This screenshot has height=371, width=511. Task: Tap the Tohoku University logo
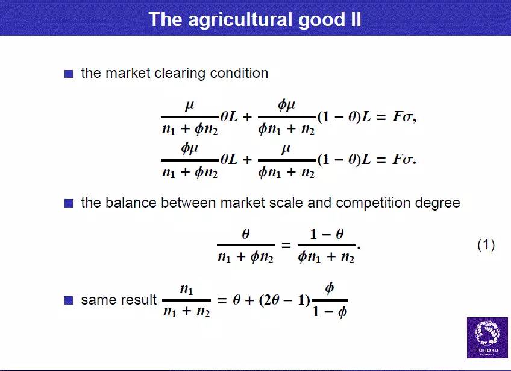(x=487, y=338)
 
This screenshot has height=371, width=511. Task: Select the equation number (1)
(x=486, y=245)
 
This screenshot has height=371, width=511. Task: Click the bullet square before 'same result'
(x=69, y=300)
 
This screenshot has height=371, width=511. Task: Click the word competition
(x=373, y=203)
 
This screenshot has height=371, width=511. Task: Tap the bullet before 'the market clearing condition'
(x=69, y=74)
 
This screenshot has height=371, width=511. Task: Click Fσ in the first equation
(x=403, y=116)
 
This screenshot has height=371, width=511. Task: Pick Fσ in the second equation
(x=403, y=159)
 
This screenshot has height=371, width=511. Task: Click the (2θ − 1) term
(x=284, y=300)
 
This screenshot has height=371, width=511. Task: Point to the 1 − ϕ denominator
(x=330, y=312)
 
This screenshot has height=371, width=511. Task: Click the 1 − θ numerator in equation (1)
(x=327, y=234)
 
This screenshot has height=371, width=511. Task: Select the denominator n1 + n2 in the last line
(x=186, y=311)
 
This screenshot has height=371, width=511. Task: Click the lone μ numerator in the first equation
(x=190, y=106)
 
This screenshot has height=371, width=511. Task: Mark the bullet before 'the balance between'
(x=69, y=203)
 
